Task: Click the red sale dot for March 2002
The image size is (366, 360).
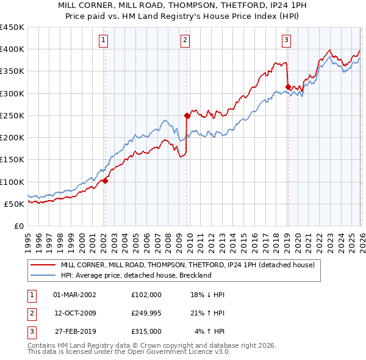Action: [x=105, y=181]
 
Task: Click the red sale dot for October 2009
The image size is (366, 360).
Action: [x=187, y=115]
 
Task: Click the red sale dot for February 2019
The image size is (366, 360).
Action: [x=287, y=87]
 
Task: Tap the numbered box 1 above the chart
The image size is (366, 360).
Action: [x=103, y=41]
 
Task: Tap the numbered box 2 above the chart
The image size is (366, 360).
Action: [x=185, y=41]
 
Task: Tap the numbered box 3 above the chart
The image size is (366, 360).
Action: [x=286, y=41]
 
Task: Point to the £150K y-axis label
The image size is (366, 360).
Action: [x=12, y=160]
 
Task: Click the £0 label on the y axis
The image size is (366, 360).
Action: [x=18, y=226]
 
